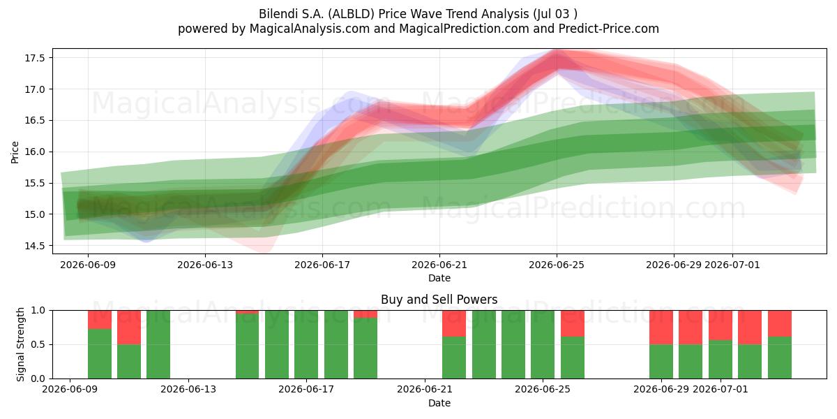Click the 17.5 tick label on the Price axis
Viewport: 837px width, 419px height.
pyautogui.click(x=34, y=58)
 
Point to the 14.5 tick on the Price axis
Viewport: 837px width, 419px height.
pyautogui.click(x=34, y=246)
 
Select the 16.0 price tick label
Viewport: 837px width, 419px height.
pyautogui.click(x=34, y=152)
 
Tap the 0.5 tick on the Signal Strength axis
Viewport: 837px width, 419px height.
pyautogui.click(x=38, y=344)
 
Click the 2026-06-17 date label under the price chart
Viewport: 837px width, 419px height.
pyautogui.click(x=322, y=265)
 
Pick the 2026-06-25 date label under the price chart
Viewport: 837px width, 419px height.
pyautogui.click(x=557, y=265)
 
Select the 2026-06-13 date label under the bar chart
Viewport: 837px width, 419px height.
pyautogui.click(x=188, y=389)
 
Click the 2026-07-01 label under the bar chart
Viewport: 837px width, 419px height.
pyautogui.click(x=721, y=389)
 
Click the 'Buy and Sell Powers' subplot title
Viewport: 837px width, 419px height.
pyautogui.click(x=439, y=300)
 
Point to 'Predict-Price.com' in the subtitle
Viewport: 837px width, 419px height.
pyautogui.click(x=609, y=29)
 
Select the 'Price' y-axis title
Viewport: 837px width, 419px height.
pyautogui.click(x=15, y=152)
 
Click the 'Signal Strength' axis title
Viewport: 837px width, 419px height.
pyautogui.click(x=20, y=344)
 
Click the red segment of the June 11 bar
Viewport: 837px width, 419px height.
pyautogui.click(x=129, y=328)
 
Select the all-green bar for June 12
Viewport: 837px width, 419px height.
pyautogui.click(x=158, y=344)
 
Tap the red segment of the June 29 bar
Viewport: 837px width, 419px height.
pyautogui.click(x=661, y=328)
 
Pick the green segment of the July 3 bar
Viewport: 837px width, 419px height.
pyautogui.click(x=780, y=358)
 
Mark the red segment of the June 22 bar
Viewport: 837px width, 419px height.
pyautogui.click(x=454, y=323)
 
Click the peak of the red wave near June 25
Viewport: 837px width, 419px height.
pyautogui.click(x=557, y=52)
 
